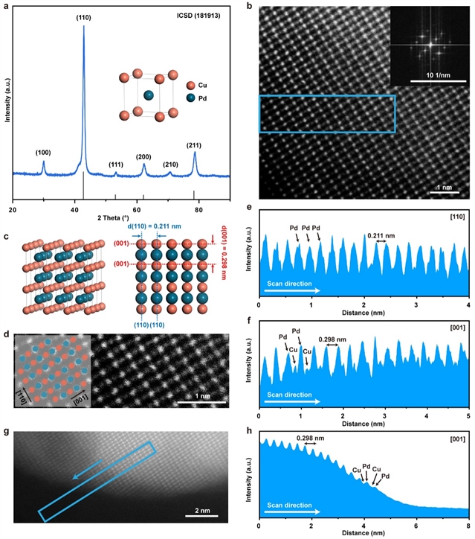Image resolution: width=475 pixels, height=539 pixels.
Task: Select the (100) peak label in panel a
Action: tap(43, 153)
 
